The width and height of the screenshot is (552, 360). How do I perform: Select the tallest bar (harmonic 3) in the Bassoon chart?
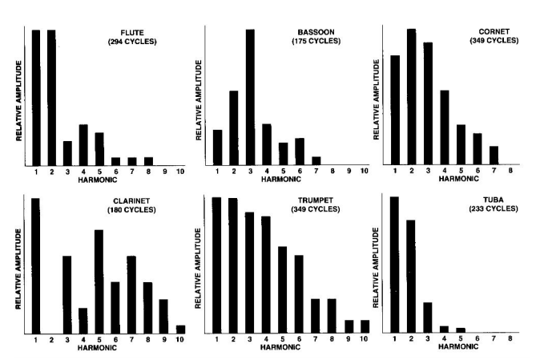tap(250, 96)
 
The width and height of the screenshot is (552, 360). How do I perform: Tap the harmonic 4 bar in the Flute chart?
tap(83, 144)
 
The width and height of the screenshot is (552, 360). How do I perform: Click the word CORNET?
tap(485, 32)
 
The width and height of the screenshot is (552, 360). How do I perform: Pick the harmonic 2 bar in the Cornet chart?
tap(411, 96)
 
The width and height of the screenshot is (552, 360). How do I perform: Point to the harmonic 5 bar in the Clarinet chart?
tap(99, 281)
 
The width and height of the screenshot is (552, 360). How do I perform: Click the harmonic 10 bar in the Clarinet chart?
tap(180, 328)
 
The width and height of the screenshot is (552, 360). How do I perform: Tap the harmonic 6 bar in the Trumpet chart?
tap(299, 293)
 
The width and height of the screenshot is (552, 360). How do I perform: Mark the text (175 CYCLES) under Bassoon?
tap(316, 41)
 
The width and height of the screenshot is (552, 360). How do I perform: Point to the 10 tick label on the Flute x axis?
tap(180, 172)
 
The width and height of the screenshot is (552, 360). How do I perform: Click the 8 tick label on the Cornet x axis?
tap(510, 172)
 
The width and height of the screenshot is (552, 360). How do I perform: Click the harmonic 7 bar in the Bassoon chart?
tap(316, 160)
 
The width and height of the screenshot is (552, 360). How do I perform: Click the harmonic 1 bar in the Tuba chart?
tap(394, 264)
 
